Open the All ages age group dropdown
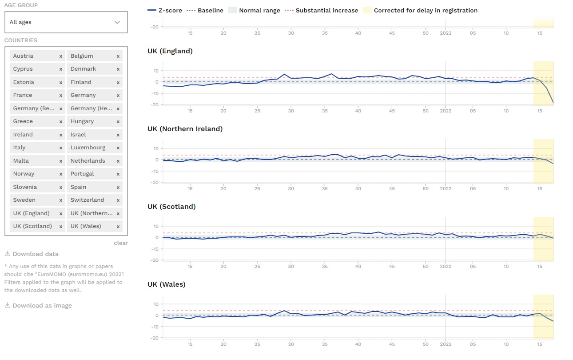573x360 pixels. [x=66, y=22]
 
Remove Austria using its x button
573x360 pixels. [x=61, y=56]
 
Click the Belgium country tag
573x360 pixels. [x=82, y=56]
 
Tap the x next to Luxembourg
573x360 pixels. [x=118, y=148]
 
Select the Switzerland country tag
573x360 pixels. [x=87, y=200]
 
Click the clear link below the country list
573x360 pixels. [x=120, y=243]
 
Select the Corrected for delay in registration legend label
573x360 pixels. [x=426, y=10]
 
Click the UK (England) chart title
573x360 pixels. [x=170, y=51]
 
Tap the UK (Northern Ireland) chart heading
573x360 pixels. [x=185, y=129]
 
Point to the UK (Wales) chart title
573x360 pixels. [x=167, y=284]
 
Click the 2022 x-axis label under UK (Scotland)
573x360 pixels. [x=446, y=267]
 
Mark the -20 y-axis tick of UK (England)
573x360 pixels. [x=155, y=104]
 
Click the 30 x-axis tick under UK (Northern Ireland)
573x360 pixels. [x=291, y=189]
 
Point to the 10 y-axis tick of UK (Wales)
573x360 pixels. [x=156, y=304]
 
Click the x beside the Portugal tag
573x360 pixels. [x=118, y=174]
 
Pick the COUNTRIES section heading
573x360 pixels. [x=21, y=40]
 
